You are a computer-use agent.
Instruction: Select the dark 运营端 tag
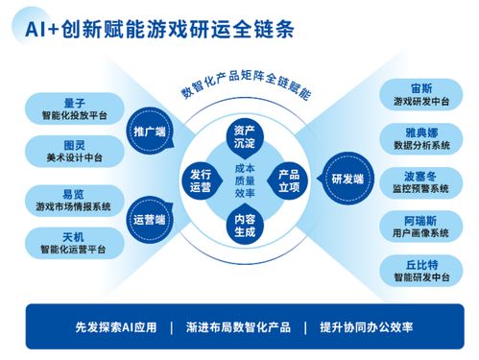click(149, 218)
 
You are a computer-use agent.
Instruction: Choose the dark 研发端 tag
click(347, 179)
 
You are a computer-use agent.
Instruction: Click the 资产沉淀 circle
click(243, 134)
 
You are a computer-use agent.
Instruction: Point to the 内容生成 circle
click(243, 224)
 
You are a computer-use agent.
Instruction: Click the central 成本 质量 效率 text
click(244, 180)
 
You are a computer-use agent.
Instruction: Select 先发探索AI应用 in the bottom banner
click(115, 326)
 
